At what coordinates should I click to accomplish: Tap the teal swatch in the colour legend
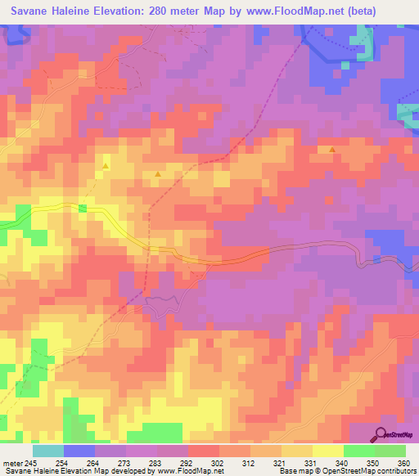[48, 450]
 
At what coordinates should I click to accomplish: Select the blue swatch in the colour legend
[79, 450]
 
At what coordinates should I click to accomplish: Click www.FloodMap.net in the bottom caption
[193, 471]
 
